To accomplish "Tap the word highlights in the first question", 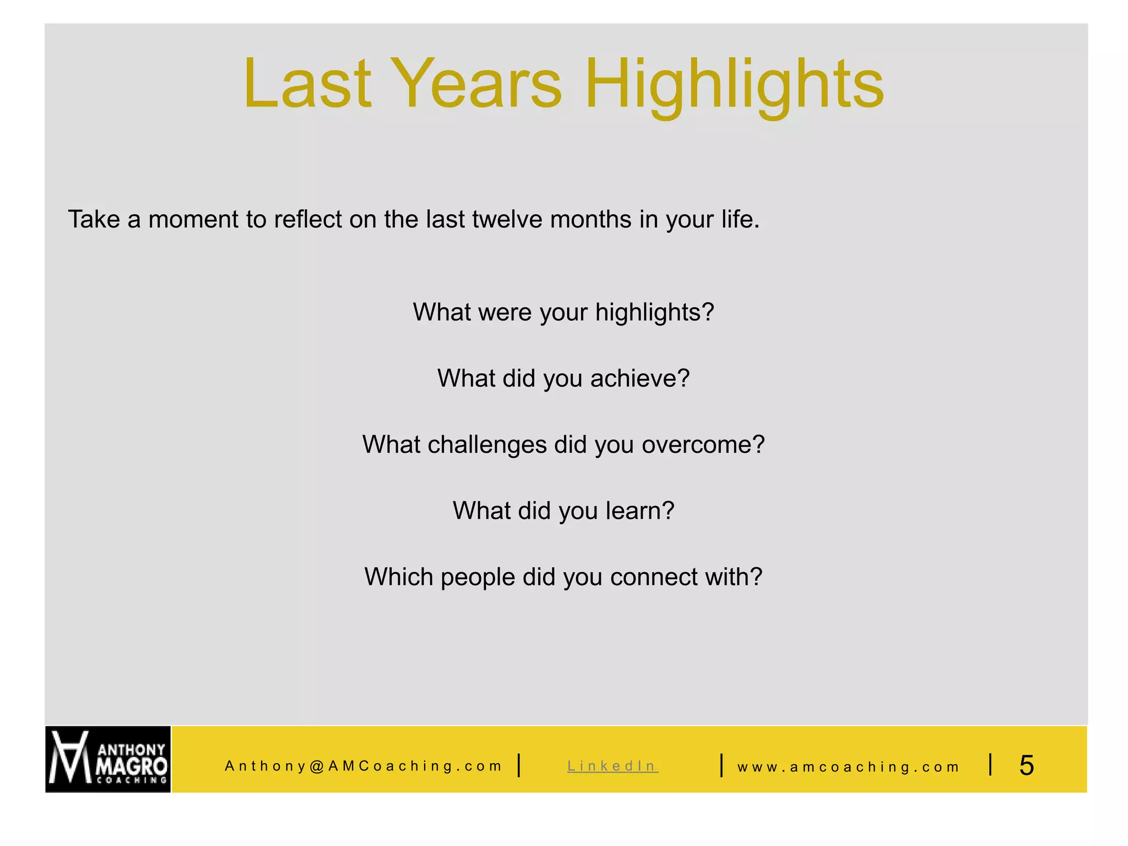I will click(654, 312).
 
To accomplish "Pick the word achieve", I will click(639, 378).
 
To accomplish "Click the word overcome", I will click(703, 444).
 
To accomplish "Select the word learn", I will click(639, 511).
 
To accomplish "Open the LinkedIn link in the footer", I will click(612, 766).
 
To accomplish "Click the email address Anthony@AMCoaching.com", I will click(363, 766).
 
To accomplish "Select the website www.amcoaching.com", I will click(848, 767).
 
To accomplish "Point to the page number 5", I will click(1026, 766).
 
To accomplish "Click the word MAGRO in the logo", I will click(131, 766).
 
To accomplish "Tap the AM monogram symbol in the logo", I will click(69, 757).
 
